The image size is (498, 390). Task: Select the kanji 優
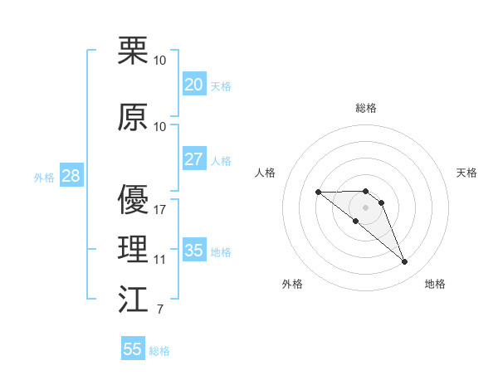[134, 200]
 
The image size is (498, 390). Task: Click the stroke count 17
[160, 210]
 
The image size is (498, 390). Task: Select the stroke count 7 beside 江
[159, 310]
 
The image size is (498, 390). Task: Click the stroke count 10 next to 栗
[160, 61]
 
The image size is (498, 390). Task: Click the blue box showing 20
[193, 85]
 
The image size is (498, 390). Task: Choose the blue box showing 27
[193, 159]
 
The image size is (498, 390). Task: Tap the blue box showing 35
[193, 251]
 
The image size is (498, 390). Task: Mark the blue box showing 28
[71, 176]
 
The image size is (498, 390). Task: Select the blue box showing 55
[133, 349]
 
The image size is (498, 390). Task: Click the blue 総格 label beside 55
[159, 351]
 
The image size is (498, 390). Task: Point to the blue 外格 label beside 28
[44, 178]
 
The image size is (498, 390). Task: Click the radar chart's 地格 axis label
[435, 284]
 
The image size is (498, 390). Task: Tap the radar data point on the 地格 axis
[404, 262]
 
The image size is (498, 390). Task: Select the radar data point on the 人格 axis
[318, 192]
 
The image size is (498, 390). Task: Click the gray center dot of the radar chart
[365, 207]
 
